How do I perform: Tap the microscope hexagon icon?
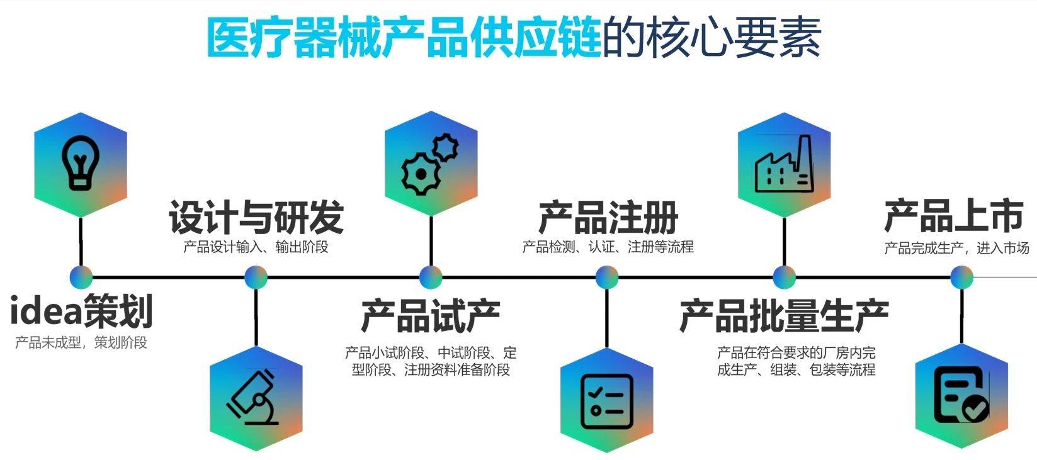[256, 398]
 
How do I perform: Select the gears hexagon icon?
[431, 164]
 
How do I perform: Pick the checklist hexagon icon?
[607, 400]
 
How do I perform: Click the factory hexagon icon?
[784, 165]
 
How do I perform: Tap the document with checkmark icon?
[961, 396]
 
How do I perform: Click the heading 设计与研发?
[256, 218]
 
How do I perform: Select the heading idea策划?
[82, 311]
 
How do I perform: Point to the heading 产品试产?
[431, 316]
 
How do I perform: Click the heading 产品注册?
[608, 218]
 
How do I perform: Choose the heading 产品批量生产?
[784, 316]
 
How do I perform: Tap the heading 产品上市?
[953, 216]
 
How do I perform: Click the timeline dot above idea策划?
[81, 277]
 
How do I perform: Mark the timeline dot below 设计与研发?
[256, 277]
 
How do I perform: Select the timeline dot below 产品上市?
[961, 277]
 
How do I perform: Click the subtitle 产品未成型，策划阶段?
[81, 343]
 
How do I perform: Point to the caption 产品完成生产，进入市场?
[956, 248]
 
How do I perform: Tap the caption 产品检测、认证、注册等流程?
[608, 247]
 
